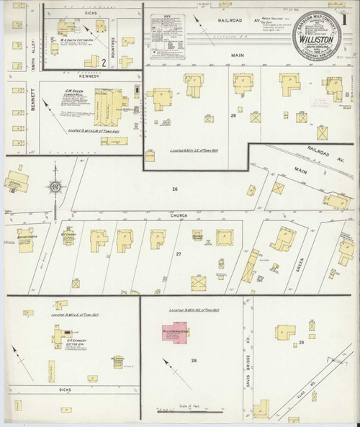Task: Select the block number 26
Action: pyautogui.click(x=174, y=189)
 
